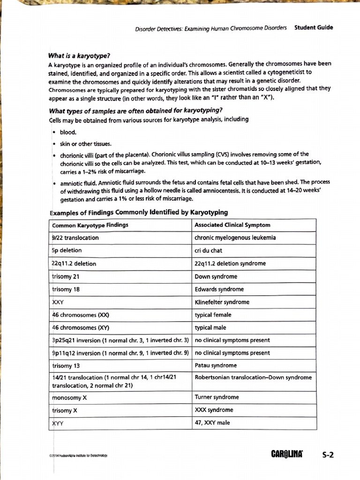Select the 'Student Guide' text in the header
point(313,27)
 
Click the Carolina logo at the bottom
point(287,454)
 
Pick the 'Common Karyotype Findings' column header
point(90,225)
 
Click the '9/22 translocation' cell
point(75,238)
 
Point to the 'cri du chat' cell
point(208,250)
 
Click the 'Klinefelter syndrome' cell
point(222,302)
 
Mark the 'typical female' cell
point(213,315)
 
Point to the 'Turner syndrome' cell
point(217,397)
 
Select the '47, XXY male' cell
point(212,423)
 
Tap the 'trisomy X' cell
point(62,411)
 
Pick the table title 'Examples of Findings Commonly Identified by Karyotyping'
point(139,212)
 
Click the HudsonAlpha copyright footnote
point(78,456)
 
